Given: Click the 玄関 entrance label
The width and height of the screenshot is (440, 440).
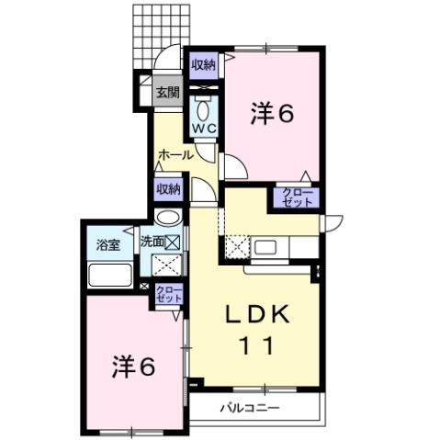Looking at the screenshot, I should click(166, 92).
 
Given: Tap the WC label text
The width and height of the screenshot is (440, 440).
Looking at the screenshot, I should click(204, 129).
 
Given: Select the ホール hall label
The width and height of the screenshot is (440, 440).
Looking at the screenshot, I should click(175, 155).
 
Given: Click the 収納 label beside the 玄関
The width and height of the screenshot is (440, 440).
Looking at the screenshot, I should click(203, 64).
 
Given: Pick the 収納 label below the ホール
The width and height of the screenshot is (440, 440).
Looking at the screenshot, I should click(167, 188).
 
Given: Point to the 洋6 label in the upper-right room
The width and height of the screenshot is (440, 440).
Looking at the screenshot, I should click(272, 114).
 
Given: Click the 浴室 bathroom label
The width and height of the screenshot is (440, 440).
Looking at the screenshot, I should click(108, 245).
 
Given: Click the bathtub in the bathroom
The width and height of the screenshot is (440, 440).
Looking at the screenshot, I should click(110, 275).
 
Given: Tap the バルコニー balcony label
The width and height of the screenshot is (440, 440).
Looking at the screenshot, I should click(248, 407).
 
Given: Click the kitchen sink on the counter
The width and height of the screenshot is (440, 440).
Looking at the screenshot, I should click(271, 247).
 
